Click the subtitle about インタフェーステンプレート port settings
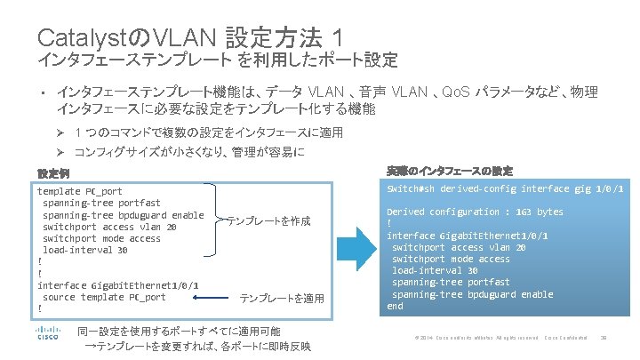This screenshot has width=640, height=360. tap(218, 61)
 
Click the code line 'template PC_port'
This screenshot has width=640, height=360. tap(80, 191)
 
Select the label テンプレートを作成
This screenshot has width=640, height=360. tap(268, 220)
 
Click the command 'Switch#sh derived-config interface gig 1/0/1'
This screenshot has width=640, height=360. tap(504, 189)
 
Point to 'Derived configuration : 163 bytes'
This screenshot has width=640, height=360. tap(475, 212)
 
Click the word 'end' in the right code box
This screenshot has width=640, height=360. tap(395, 306)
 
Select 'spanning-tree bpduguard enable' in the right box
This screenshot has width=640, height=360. tap(472, 294)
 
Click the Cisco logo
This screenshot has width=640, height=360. tap(47, 336)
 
